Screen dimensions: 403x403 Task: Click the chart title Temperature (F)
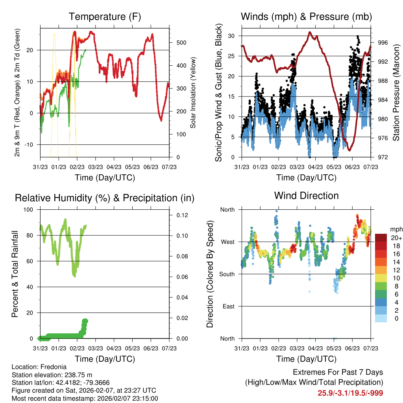(x=105, y=17)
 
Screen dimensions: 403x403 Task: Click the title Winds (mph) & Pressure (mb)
(x=306, y=17)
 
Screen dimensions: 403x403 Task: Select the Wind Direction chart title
(x=306, y=196)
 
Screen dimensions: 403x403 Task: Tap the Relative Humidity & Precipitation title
(x=105, y=198)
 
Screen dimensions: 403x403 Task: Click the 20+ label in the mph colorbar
(x=396, y=238)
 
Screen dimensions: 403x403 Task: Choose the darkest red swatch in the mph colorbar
(x=381, y=238)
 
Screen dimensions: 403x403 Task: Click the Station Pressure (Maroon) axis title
(x=396, y=92)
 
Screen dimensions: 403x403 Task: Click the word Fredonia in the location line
(x=52, y=367)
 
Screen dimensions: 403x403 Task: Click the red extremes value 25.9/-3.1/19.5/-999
(x=350, y=393)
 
